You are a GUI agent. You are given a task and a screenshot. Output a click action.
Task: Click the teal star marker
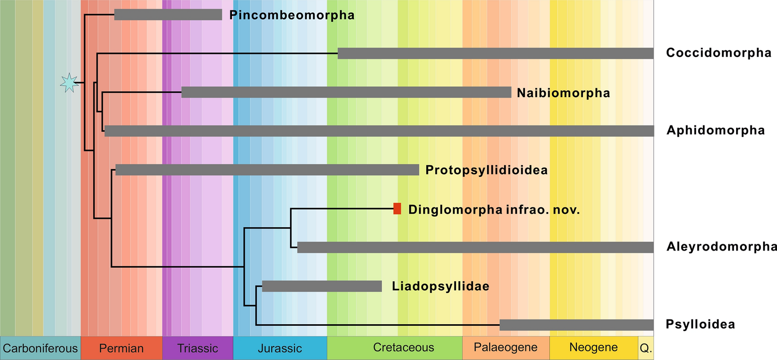68,83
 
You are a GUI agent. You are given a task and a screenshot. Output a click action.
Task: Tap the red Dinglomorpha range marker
397,209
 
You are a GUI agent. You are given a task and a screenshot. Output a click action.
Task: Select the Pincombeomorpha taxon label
292,15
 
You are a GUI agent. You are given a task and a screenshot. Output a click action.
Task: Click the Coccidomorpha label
718,53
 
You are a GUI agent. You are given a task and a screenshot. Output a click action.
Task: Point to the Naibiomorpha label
563,93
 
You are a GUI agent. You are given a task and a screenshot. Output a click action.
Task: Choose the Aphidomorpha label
715,130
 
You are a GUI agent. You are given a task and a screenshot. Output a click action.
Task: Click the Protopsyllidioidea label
487,170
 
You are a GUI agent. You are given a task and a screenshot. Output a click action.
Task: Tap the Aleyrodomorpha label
721,247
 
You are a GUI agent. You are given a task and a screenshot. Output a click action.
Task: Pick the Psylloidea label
700,325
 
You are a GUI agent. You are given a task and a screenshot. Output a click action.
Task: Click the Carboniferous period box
40,348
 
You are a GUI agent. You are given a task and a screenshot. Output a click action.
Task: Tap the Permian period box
121,348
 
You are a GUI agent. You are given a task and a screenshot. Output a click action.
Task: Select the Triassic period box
198,348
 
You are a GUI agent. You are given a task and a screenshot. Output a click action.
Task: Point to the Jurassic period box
280,348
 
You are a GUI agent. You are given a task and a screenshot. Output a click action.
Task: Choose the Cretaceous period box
394,348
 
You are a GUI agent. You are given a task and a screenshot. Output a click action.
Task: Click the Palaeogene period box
506,348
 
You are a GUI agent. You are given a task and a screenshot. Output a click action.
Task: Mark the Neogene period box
593,348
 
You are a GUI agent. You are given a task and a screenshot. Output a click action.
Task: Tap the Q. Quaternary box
645,348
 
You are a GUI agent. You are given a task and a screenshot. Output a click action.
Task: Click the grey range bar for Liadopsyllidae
322,286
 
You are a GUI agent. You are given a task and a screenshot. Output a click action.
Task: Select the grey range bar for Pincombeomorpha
168,15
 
